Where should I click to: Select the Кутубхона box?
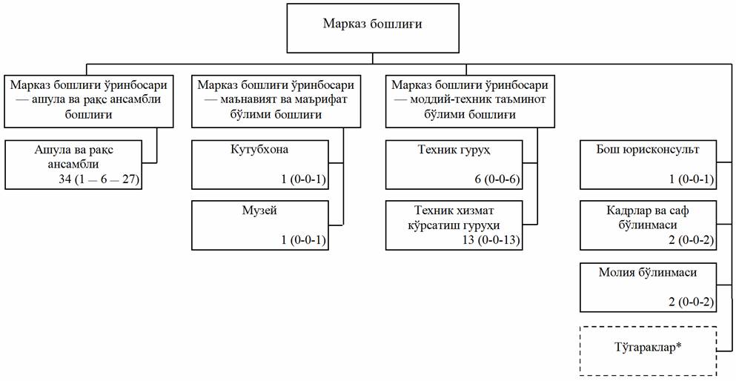pyautogui.click(x=259, y=165)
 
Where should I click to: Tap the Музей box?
pyautogui.click(x=259, y=225)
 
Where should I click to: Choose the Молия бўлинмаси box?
pyautogui.click(x=648, y=286)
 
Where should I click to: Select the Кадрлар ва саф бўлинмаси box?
pyautogui.click(x=648, y=225)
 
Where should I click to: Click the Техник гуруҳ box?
pyautogui.click(x=454, y=165)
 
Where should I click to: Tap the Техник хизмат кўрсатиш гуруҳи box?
pyautogui.click(x=454, y=225)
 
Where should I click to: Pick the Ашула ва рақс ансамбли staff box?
pyautogui.click(x=74, y=165)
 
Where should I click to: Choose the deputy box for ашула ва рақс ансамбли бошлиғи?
pyautogui.click(x=93, y=99)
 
